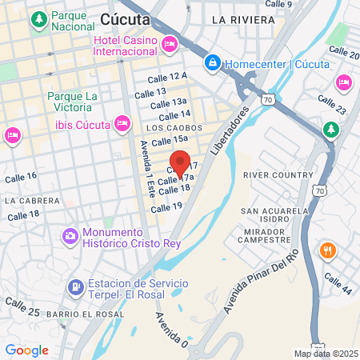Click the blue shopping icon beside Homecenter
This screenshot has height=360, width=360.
(x=213, y=62)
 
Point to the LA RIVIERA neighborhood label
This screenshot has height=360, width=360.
(x=238, y=18)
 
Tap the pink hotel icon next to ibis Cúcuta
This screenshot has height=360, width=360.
(x=122, y=123)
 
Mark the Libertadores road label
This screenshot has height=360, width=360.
(x=229, y=131)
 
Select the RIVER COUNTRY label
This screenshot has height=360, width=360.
(x=278, y=174)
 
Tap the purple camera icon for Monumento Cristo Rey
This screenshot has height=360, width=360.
(x=70, y=235)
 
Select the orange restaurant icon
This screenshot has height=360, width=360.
(x=326, y=250)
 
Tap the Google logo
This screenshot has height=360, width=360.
(x=26, y=350)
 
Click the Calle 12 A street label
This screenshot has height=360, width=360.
(x=167, y=76)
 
